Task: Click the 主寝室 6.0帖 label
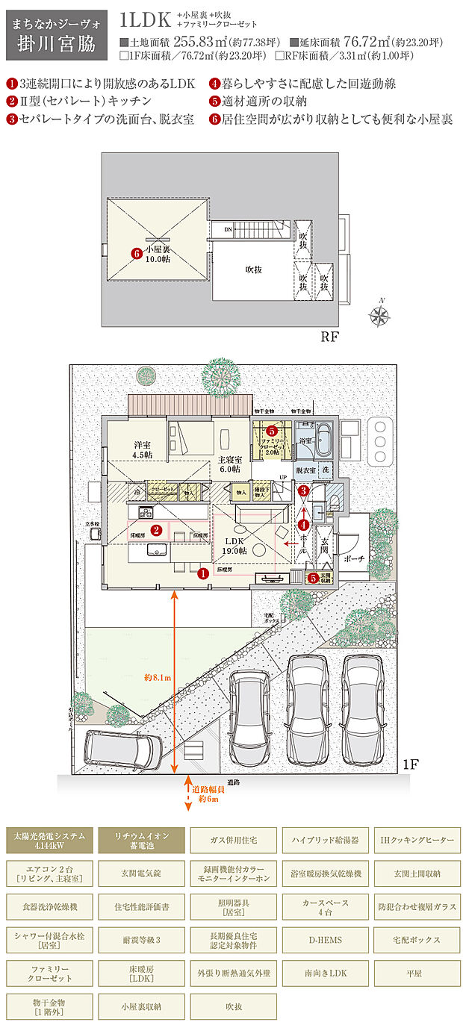[x=229, y=464]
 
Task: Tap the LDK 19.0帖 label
[x=233, y=546]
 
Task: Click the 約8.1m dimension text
[x=158, y=678]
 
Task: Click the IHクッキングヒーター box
[x=417, y=840]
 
